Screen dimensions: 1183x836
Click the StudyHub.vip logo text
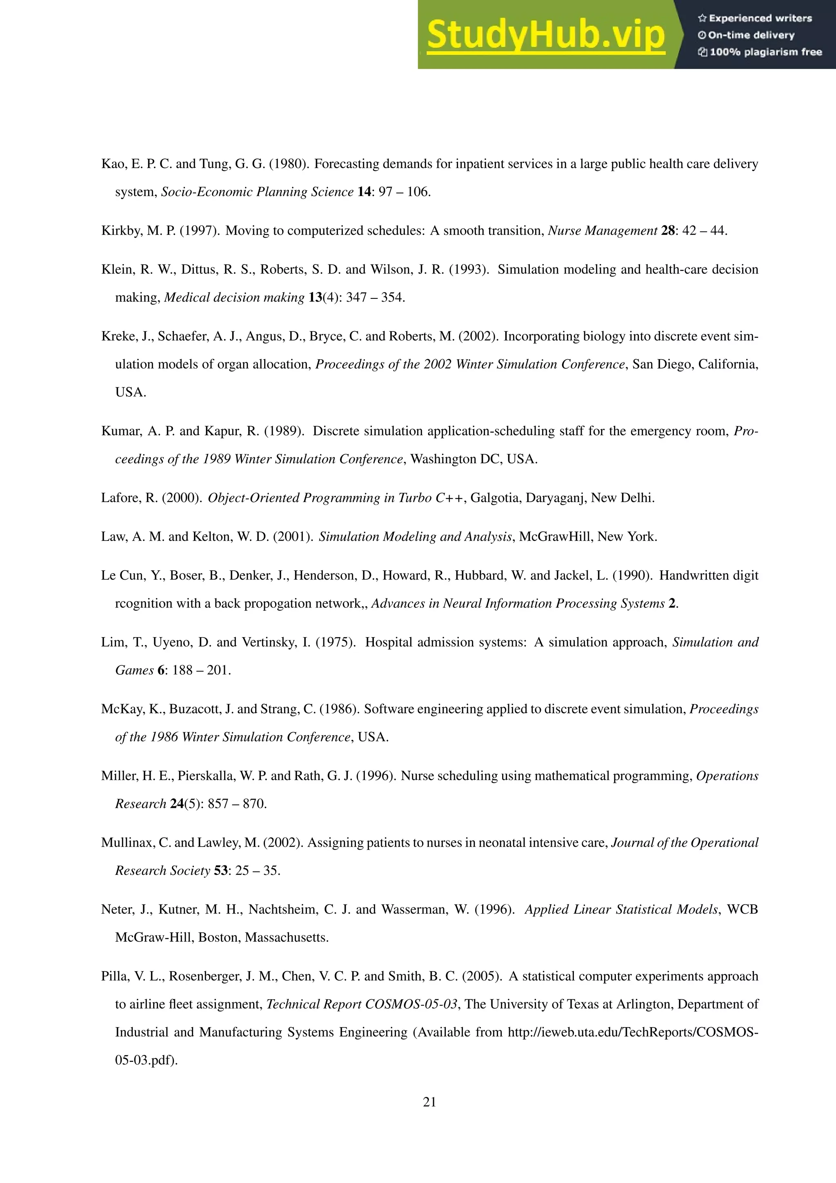(545, 35)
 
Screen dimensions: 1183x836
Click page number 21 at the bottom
(429, 1102)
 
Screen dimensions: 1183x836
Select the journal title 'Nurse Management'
(602, 230)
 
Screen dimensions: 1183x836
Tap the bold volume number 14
(364, 192)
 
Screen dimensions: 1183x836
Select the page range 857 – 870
(237, 804)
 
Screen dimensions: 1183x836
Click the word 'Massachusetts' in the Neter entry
(287, 937)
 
